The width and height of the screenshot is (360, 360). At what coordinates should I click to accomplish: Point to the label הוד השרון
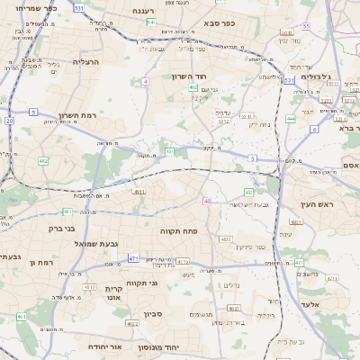click(x=190, y=76)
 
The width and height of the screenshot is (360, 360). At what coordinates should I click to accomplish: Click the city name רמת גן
click(x=42, y=262)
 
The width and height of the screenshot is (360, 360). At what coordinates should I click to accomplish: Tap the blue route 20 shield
click(x=9, y=120)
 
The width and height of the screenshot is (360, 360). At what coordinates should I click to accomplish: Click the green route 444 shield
click(x=291, y=118)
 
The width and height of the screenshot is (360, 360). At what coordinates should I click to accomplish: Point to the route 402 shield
click(x=193, y=87)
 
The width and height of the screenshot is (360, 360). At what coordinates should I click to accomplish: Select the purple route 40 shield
click(x=207, y=201)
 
